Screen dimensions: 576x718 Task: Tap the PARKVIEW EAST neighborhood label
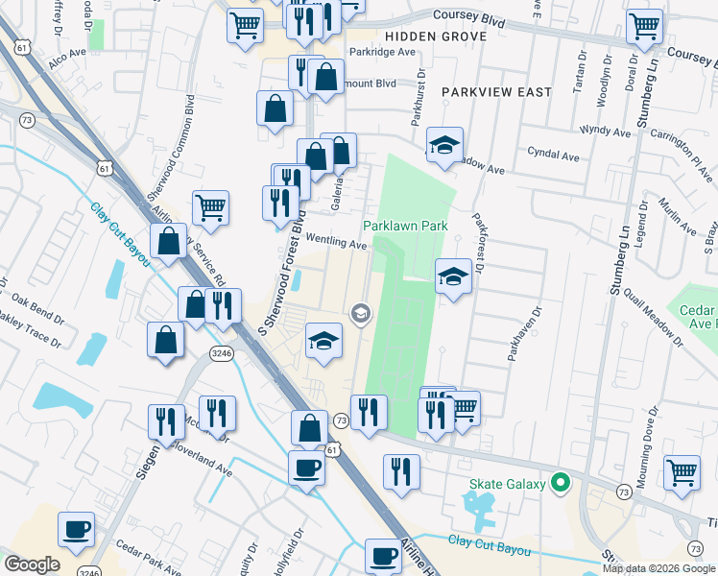(x=496, y=92)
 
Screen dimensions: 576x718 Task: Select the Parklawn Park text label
(x=405, y=227)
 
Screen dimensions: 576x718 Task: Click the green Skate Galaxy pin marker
(x=563, y=484)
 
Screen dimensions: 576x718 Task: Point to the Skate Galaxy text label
(x=510, y=484)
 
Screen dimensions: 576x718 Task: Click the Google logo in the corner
(x=32, y=564)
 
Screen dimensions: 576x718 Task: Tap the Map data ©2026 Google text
(x=658, y=568)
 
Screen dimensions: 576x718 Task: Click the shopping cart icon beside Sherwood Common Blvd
(x=210, y=205)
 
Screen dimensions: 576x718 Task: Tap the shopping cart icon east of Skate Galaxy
(x=682, y=470)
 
